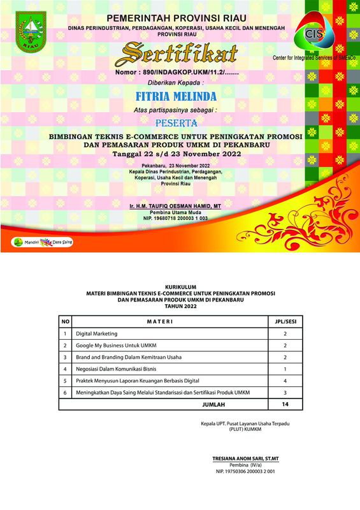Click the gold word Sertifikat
(x=180, y=54)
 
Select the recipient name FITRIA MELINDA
(x=176, y=97)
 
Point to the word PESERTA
(x=176, y=121)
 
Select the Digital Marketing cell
(x=97, y=334)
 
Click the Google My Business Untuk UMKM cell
(x=116, y=346)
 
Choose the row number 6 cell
(x=66, y=393)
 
